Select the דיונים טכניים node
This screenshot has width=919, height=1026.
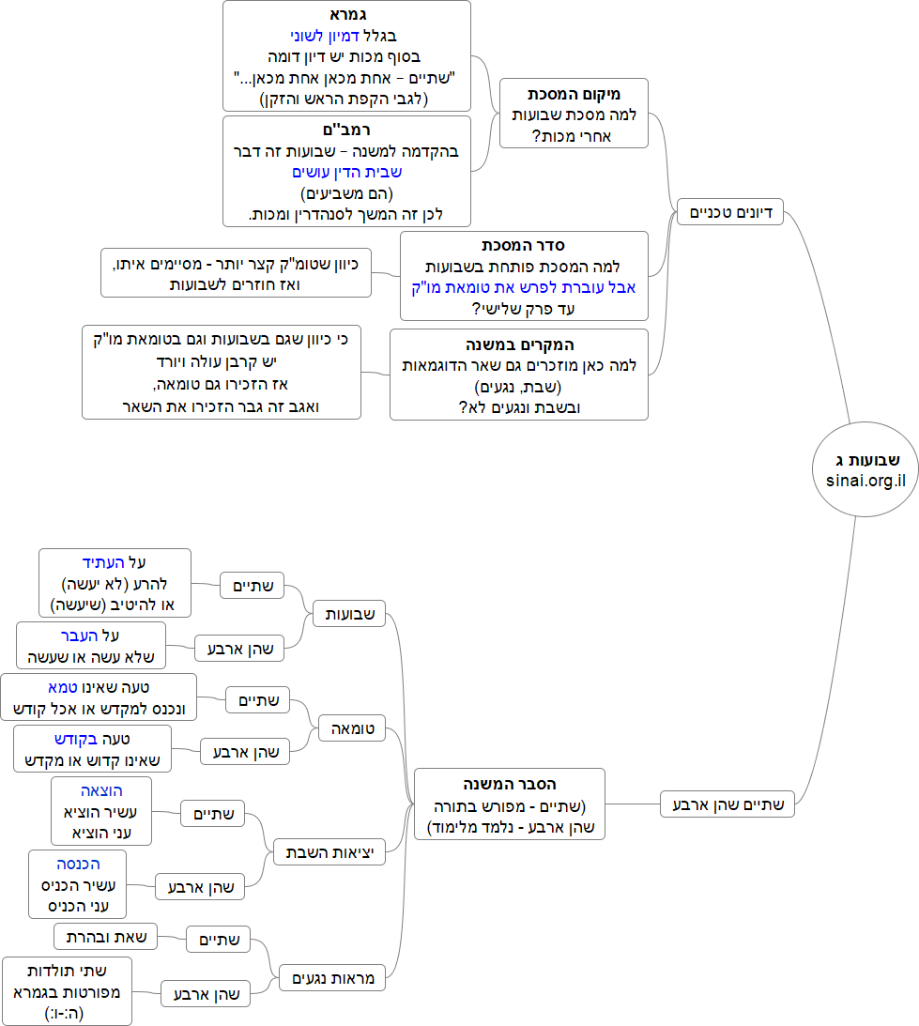(x=730, y=213)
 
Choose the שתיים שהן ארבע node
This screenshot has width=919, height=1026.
(x=728, y=804)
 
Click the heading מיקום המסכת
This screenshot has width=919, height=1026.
(x=574, y=94)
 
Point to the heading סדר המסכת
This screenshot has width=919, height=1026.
(x=524, y=246)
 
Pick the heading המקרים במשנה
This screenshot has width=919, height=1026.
(x=519, y=345)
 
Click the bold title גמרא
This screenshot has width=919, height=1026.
(x=346, y=16)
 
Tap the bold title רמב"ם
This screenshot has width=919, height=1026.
(x=346, y=130)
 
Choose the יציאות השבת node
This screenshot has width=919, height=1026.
(x=329, y=852)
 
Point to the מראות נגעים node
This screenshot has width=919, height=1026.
(x=332, y=978)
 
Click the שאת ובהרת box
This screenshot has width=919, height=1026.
(x=106, y=936)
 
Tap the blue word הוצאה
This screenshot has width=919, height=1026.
(x=100, y=790)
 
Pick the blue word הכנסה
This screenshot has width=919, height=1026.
(x=78, y=864)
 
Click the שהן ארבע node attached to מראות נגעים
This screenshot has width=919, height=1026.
(x=206, y=993)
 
